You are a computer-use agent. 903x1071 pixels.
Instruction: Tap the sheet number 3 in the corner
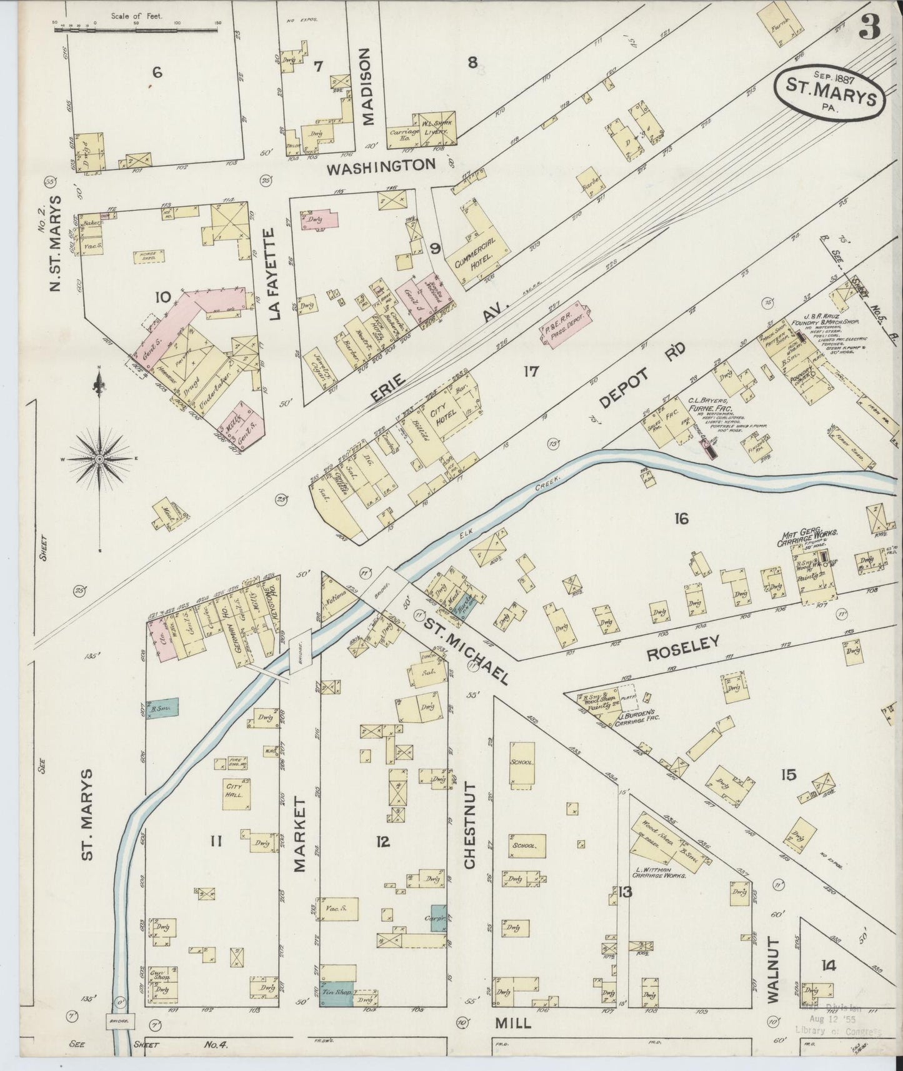pos(869,27)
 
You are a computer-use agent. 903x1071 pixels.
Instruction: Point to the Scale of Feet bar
pos(137,28)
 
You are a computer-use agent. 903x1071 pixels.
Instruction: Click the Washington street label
pos(381,166)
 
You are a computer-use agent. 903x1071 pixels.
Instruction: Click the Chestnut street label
pos(470,825)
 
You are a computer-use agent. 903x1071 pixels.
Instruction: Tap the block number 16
pos(681,518)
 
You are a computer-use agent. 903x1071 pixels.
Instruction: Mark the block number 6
pos(156,72)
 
